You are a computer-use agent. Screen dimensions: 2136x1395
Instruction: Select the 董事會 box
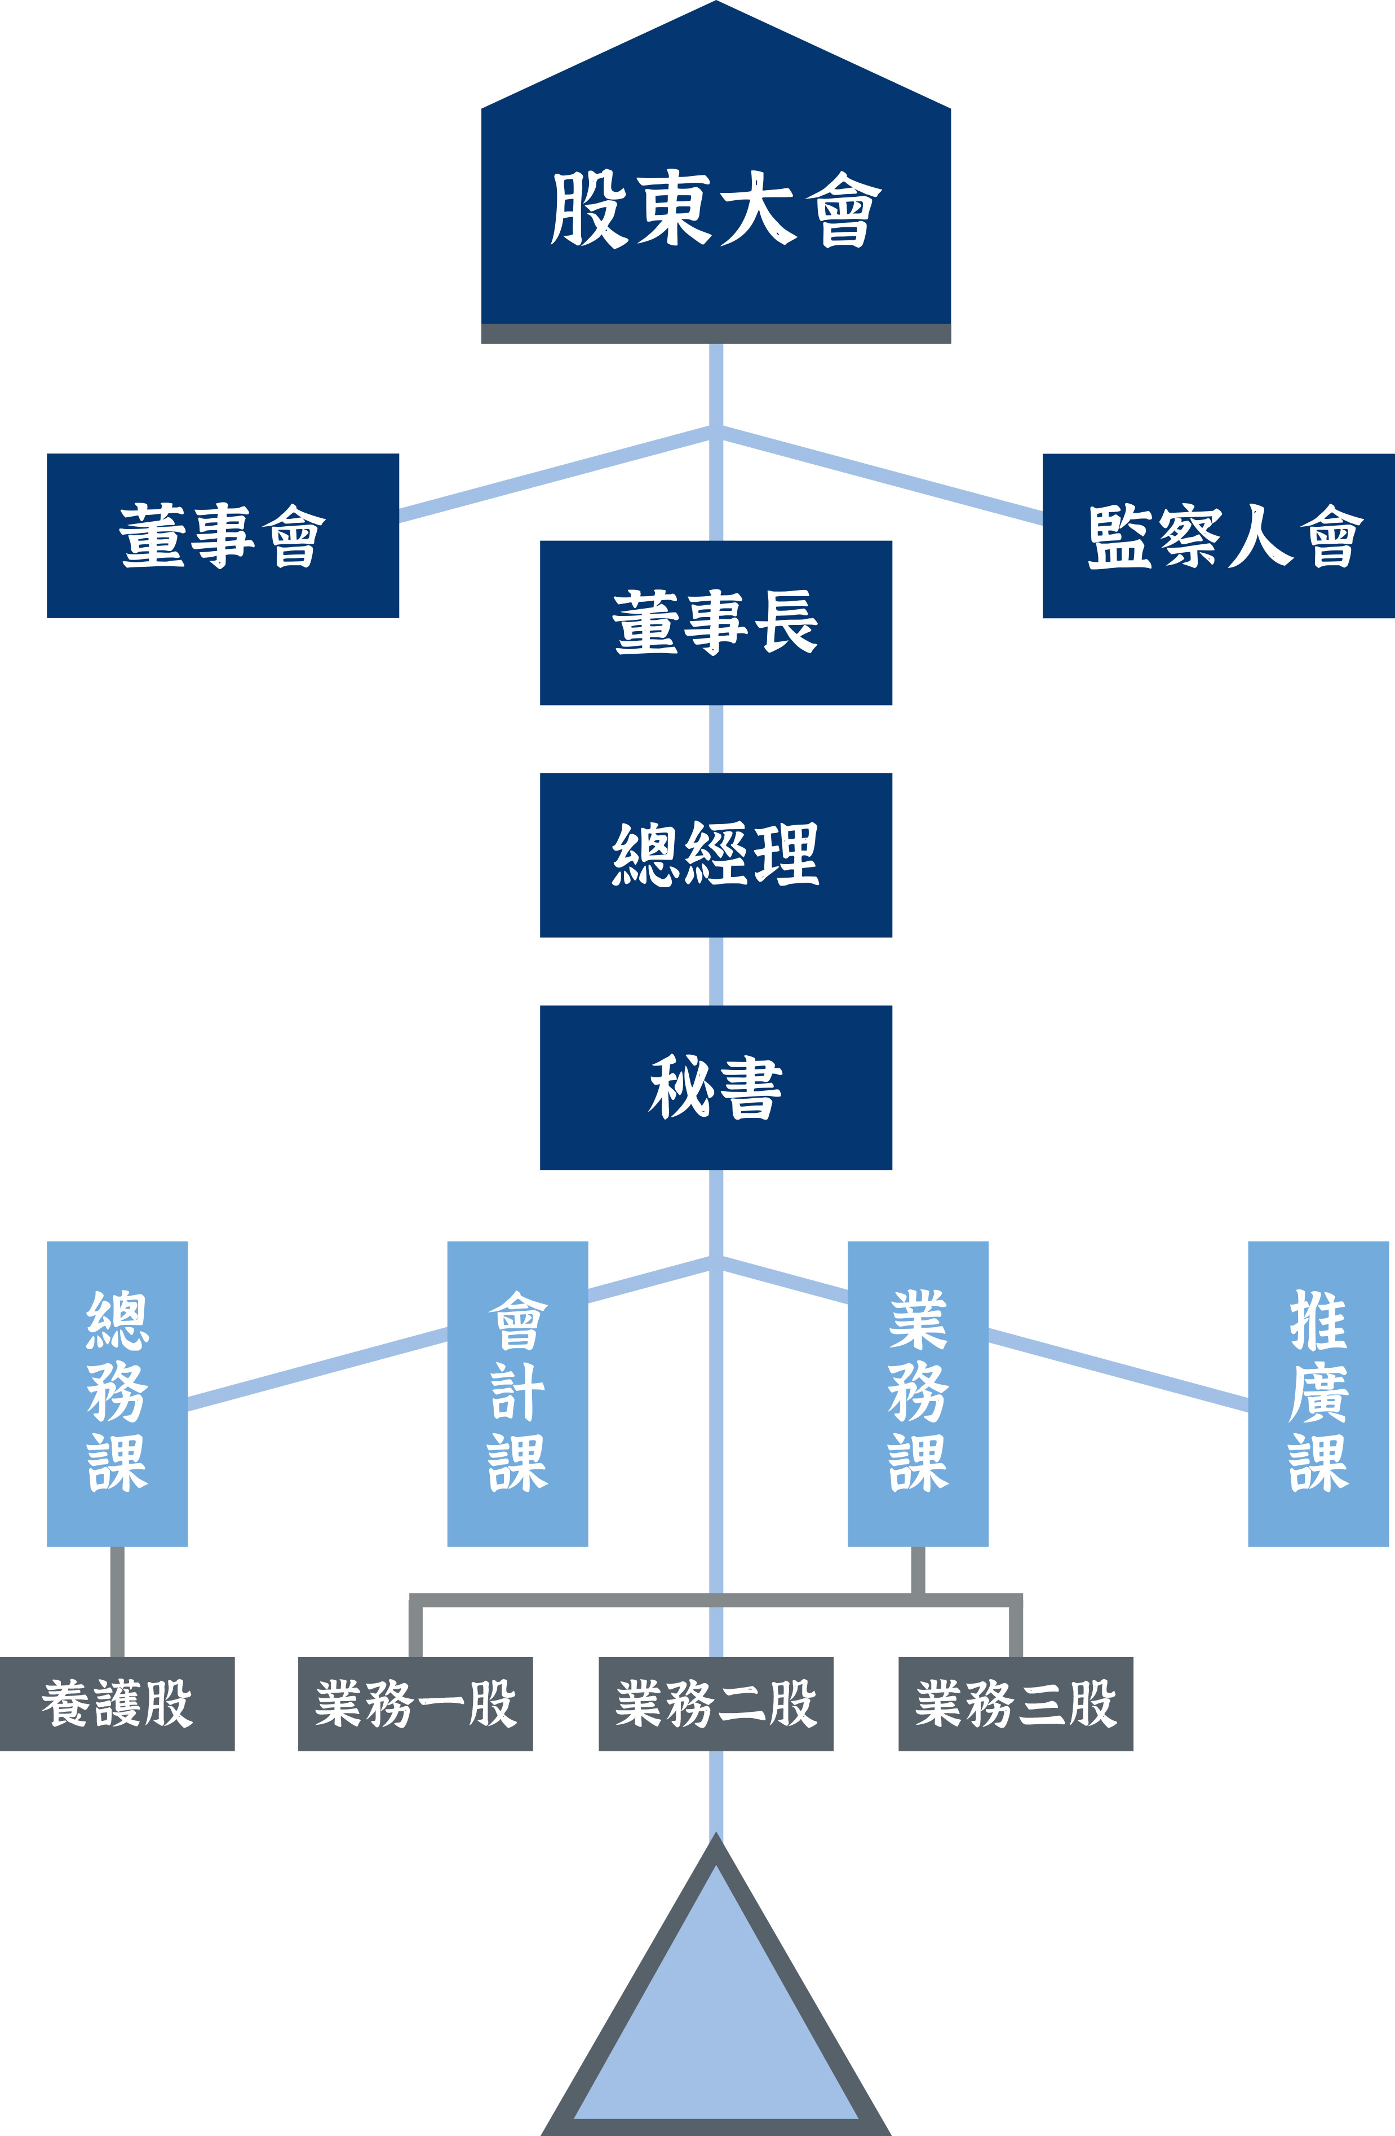click(223, 536)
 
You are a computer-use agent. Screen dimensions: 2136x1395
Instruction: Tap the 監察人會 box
click(1217, 536)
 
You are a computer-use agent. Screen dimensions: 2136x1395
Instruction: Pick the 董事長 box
click(715, 622)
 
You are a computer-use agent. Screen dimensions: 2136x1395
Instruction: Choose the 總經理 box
click(715, 855)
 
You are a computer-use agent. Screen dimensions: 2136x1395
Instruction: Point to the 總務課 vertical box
click(117, 1393)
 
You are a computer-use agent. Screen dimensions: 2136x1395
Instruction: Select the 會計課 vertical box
click(517, 1393)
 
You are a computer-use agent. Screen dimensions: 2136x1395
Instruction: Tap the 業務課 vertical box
click(918, 1393)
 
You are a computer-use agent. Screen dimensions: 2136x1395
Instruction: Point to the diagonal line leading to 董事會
click(556, 474)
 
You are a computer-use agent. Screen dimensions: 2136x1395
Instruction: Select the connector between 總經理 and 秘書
click(715, 971)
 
